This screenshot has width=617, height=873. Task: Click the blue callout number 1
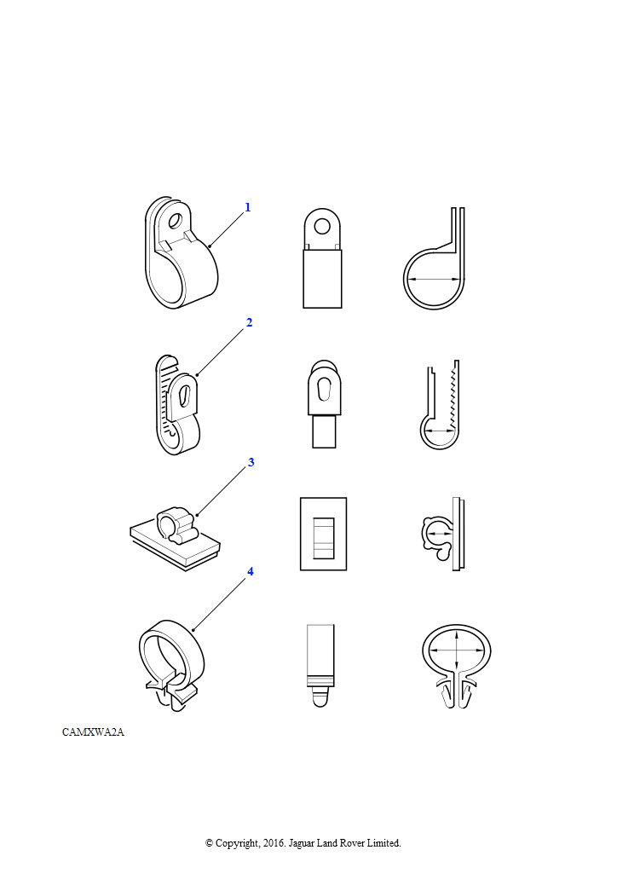pyautogui.click(x=248, y=207)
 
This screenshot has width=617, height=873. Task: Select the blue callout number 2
pyautogui.click(x=249, y=322)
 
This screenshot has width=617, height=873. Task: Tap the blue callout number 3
pyautogui.click(x=251, y=462)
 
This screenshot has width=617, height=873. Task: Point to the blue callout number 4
pyautogui.click(x=251, y=571)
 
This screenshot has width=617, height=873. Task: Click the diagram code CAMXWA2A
pyautogui.click(x=93, y=732)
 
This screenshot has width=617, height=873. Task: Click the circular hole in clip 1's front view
pyautogui.click(x=321, y=226)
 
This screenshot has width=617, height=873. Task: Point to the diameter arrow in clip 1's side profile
pyautogui.click(x=434, y=279)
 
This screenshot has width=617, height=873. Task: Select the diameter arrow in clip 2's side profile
pyautogui.click(x=440, y=431)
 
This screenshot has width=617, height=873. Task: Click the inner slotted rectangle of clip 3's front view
pyautogui.click(x=323, y=538)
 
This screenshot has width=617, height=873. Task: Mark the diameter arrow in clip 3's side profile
pyautogui.click(x=440, y=533)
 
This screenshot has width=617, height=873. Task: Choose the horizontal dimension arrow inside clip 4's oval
pyautogui.click(x=457, y=649)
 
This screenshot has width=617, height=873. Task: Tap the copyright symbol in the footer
pyautogui.click(x=209, y=843)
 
